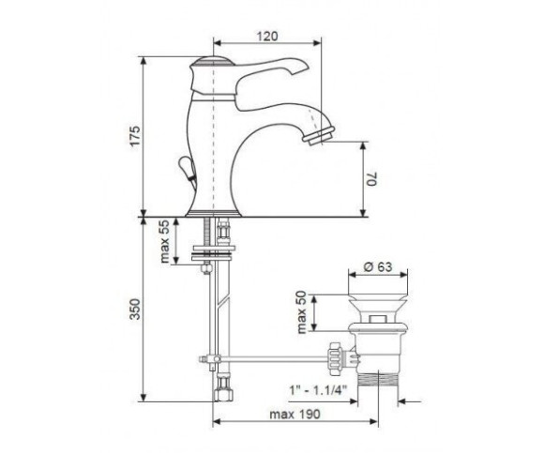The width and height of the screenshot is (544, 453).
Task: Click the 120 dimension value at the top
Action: (267, 36)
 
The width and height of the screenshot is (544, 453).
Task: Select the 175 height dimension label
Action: (135, 136)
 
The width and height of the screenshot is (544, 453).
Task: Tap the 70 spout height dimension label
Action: (371, 178)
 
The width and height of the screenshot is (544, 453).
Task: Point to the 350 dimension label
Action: (135, 309)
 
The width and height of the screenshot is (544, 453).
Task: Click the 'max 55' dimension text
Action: (164, 241)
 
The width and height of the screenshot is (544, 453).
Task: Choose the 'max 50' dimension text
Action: (301, 312)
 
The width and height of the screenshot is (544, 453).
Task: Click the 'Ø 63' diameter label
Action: (378, 266)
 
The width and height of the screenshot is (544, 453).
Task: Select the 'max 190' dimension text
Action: (295, 415)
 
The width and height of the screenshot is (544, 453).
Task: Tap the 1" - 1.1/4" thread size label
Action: (318, 390)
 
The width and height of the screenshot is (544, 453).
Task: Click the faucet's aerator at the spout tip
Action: (319, 135)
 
